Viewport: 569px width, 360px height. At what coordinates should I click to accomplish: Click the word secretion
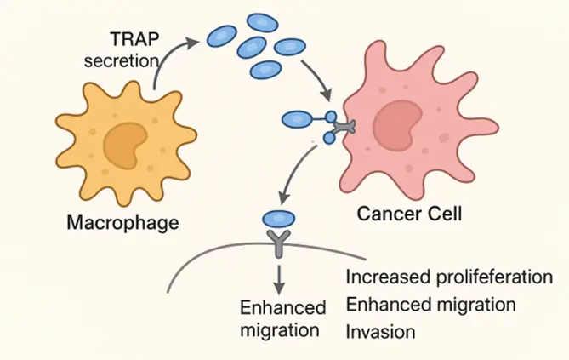pos(128,60)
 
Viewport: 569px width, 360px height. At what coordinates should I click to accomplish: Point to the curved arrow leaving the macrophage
pos(167,60)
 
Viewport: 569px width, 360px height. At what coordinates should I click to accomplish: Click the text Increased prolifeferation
pos(449,278)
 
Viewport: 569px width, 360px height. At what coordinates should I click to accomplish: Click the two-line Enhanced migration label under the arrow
pos(282,317)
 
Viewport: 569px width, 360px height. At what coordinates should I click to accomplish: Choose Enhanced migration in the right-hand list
pos(431,305)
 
